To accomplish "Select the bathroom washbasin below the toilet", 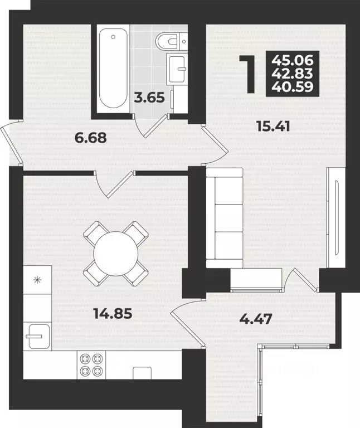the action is [x=177, y=69].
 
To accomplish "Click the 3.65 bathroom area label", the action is [x=149, y=98].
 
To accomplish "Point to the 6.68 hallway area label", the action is [x=91, y=137].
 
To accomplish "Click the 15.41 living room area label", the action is [x=274, y=126].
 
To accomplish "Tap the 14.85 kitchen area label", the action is [x=113, y=313].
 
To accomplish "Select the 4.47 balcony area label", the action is [x=256, y=319].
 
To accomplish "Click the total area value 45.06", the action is [x=293, y=60].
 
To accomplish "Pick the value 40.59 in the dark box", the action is [x=293, y=86].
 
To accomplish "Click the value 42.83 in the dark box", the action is [x=293, y=74].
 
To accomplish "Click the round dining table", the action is [x=116, y=254].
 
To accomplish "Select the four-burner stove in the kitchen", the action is [x=91, y=364].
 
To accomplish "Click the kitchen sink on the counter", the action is [x=36, y=336].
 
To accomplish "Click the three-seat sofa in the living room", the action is [x=225, y=218].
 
